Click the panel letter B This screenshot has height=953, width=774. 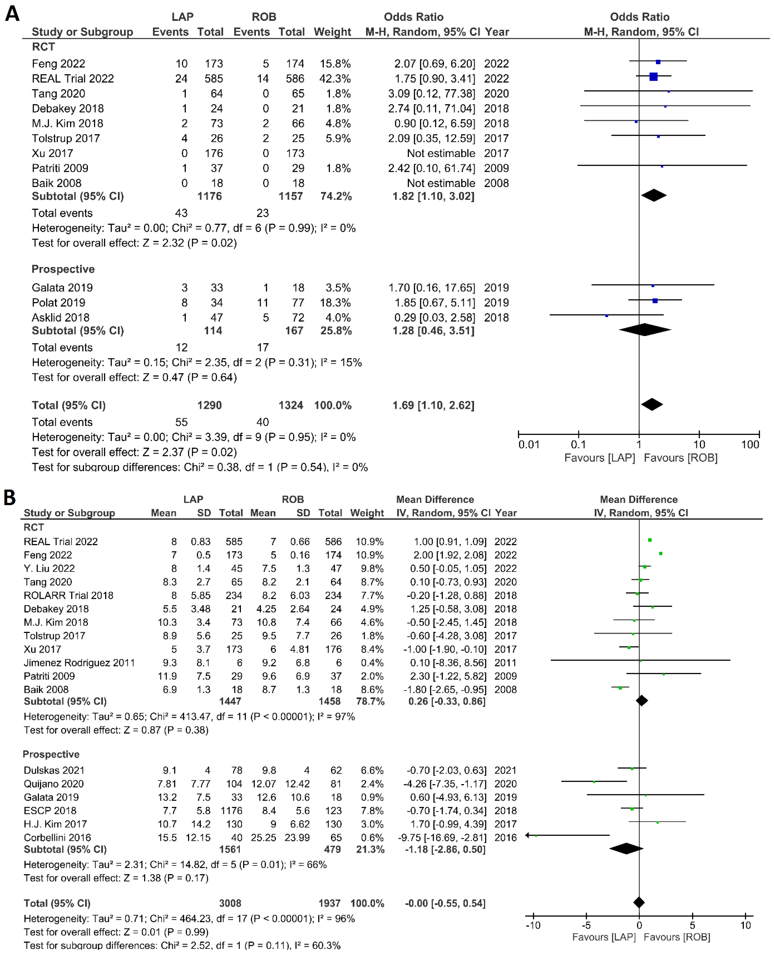10,498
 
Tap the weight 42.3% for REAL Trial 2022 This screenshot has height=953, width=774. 335,79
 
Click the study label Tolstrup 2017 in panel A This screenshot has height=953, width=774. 65,139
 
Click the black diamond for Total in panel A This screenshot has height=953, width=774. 652,404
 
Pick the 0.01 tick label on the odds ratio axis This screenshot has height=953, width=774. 529,444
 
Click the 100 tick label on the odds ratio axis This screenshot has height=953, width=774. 750,444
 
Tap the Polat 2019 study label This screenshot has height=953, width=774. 58,303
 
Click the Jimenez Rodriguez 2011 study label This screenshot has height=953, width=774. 79,663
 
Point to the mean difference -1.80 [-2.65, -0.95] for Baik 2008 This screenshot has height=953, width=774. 445,690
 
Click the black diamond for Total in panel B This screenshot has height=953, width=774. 639,902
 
